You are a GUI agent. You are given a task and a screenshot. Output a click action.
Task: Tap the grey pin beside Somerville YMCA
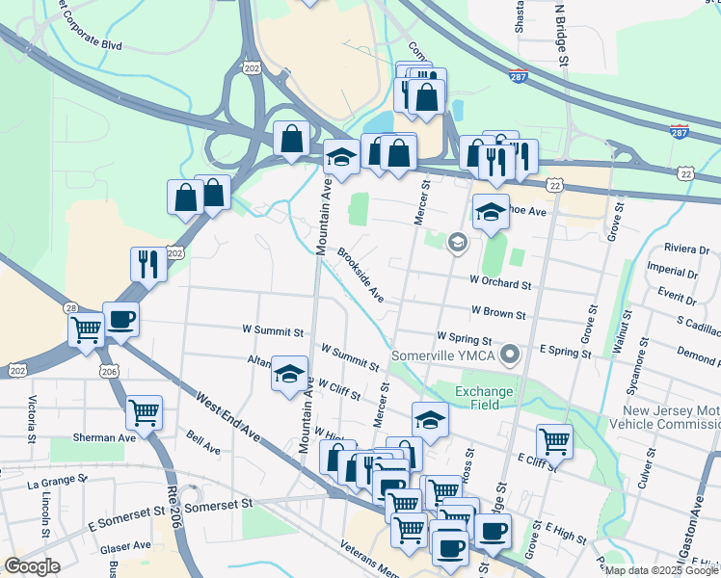pos(515,355)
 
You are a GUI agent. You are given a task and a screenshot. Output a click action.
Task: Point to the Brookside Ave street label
pos(360,275)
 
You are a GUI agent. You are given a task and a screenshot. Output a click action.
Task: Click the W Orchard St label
pos(501,284)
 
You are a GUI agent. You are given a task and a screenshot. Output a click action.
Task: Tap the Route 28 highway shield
pos(73,306)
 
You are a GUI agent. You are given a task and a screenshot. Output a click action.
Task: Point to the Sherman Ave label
pos(106,436)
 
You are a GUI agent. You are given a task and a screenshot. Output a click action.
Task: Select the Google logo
pos(32,566)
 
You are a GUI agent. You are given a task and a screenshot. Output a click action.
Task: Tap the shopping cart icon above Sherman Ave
pos(145,411)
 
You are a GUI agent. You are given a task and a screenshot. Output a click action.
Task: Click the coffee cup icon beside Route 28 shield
pos(121,319)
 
